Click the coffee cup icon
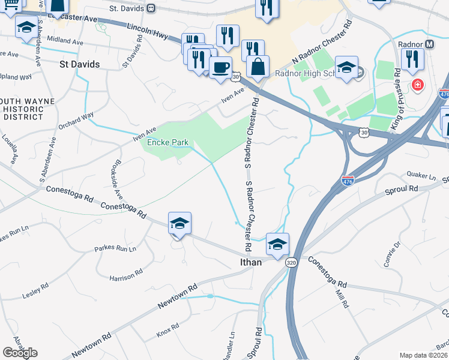(220, 66)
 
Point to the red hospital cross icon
(417, 86)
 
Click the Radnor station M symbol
(429, 44)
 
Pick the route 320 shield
(291, 262)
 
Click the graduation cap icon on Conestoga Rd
(179, 223)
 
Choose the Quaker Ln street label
(421, 176)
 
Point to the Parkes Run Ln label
(115, 248)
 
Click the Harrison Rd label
(126, 275)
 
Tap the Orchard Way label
(76, 121)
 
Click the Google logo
(19, 353)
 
